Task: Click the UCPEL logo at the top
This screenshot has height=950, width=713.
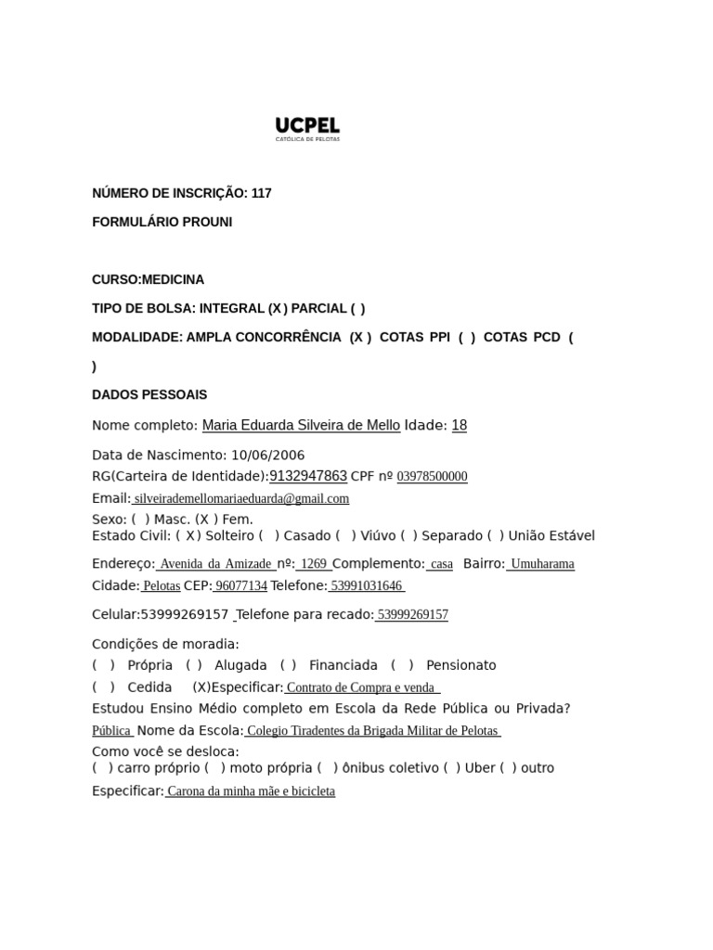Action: [x=307, y=128]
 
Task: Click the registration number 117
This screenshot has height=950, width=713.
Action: [x=262, y=193]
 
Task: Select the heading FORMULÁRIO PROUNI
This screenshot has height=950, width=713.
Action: [x=162, y=222]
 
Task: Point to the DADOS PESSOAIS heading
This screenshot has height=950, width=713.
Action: [x=149, y=394]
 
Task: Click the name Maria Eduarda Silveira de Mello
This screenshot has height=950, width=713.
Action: [x=301, y=426]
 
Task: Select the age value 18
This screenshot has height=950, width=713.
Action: [x=459, y=426]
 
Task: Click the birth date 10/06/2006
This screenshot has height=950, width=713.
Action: [x=267, y=455]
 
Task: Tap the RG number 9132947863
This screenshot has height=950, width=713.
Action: [x=308, y=476]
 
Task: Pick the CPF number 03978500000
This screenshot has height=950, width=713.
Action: [x=432, y=477]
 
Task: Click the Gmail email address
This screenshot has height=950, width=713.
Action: [x=241, y=498]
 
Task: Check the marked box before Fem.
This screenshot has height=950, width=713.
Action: [x=207, y=520]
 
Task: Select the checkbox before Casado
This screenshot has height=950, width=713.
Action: [x=269, y=535]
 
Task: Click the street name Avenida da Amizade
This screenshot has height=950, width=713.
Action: [x=215, y=564]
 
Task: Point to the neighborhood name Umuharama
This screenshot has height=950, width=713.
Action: [x=542, y=564]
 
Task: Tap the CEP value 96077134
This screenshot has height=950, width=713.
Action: [x=240, y=586]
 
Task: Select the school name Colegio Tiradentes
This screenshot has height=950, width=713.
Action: [x=372, y=731]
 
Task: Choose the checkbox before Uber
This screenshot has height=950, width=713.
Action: [x=451, y=767]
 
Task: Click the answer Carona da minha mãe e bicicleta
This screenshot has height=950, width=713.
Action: [x=251, y=791]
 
